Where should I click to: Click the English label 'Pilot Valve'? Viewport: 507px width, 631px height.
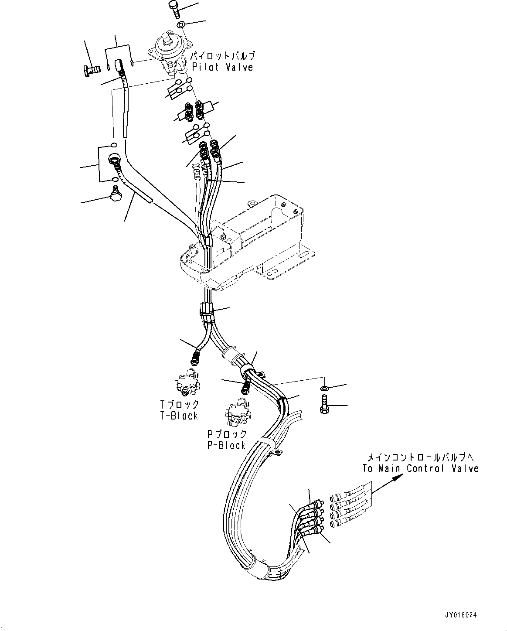pos(222,67)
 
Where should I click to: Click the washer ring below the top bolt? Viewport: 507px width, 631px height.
pos(182,24)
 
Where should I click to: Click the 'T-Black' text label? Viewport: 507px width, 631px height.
pos(179,416)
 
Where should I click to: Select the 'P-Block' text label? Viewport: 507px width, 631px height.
pos(226,445)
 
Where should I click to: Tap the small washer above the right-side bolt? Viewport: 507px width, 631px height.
pos(324,388)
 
